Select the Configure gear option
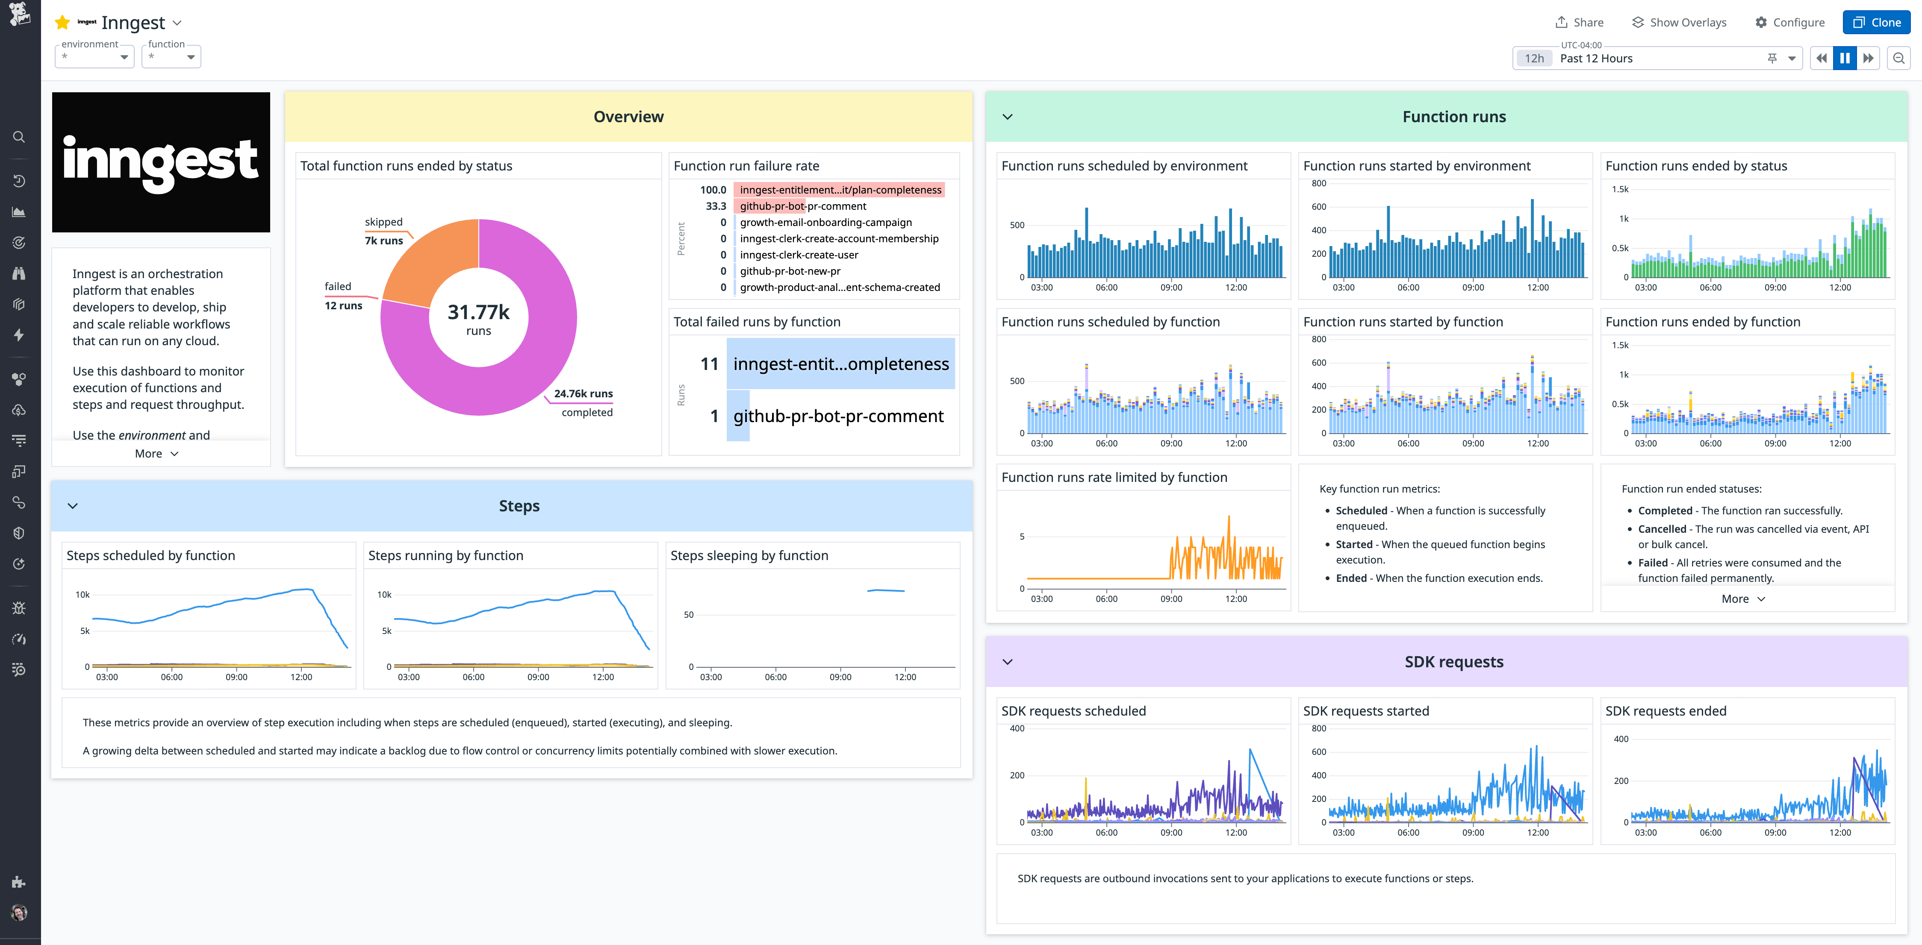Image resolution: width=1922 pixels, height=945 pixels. click(1789, 22)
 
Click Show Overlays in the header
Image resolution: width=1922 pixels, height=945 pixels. click(1679, 22)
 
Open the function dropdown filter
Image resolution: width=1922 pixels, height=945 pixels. click(171, 57)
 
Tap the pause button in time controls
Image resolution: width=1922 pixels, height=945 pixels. click(1844, 58)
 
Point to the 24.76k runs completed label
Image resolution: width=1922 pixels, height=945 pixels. click(584, 394)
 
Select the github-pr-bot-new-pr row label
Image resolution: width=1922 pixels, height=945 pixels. click(790, 271)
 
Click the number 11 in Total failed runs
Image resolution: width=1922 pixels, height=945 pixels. click(709, 364)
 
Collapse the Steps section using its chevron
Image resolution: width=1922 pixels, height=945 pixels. click(72, 506)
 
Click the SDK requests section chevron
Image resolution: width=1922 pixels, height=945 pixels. click(1007, 662)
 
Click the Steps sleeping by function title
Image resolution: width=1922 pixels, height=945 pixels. click(749, 556)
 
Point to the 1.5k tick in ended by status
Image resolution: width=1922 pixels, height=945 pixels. click(1620, 189)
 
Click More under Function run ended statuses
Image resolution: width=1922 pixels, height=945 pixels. click(1742, 599)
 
